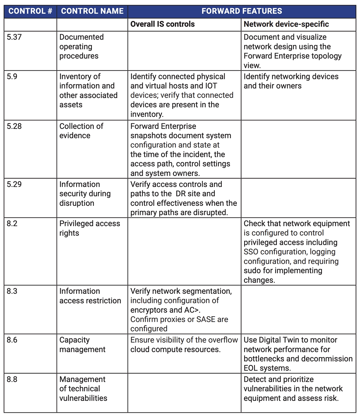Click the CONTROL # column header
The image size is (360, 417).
click(x=30, y=11)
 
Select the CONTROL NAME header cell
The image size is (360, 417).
click(x=92, y=11)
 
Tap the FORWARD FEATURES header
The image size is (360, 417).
click(x=242, y=11)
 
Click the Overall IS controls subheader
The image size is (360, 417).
click(x=162, y=24)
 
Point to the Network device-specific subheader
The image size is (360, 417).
click(x=286, y=24)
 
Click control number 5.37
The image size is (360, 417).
click(x=14, y=37)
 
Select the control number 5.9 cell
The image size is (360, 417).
click(x=12, y=77)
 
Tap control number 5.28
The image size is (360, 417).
click(x=14, y=126)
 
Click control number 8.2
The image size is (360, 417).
click(x=12, y=224)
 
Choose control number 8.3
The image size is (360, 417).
click(x=12, y=291)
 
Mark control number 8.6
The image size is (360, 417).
click(x=12, y=340)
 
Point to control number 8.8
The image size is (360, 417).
click(x=12, y=379)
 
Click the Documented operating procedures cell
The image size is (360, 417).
click(x=81, y=46)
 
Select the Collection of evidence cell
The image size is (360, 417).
click(x=81, y=131)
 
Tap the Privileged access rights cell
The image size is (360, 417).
click(x=89, y=228)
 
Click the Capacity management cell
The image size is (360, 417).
click(x=82, y=345)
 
